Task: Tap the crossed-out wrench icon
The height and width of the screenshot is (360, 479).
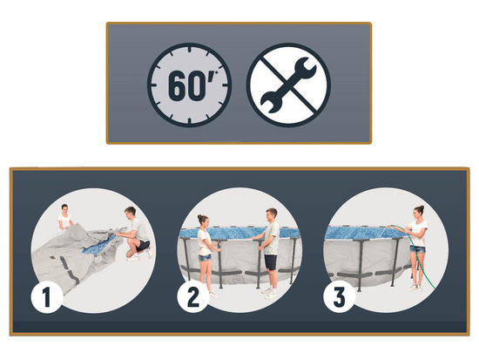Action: [288, 85]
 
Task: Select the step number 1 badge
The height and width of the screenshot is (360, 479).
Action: [47, 297]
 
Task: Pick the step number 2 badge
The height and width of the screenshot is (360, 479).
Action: [193, 297]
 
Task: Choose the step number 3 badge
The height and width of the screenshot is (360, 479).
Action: [340, 297]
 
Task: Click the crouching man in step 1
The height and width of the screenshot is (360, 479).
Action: [136, 234]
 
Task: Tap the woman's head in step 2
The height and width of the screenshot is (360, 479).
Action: [203, 221]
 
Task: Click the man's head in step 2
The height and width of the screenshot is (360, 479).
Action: [272, 214]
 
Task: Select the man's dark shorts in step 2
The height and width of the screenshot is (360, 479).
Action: [271, 262]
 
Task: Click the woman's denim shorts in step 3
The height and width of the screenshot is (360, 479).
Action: [417, 249]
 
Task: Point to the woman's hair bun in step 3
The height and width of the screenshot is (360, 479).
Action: [422, 207]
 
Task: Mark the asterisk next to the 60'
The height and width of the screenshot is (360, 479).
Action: [216, 73]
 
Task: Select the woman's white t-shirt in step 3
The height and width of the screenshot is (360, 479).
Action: [418, 234]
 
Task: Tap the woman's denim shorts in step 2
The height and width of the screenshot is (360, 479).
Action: [204, 257]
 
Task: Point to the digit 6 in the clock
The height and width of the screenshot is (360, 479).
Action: [177, 86]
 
